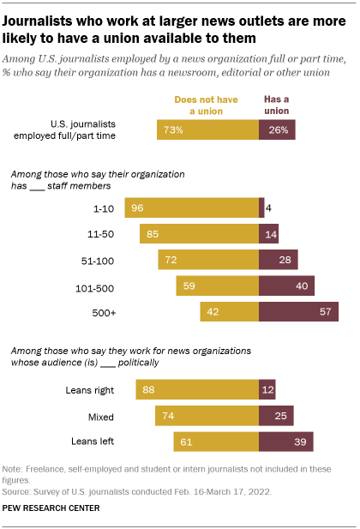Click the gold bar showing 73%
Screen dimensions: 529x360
[207, 129]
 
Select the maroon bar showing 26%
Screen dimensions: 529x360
[277, 129]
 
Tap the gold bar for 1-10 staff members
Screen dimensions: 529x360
[191, 207]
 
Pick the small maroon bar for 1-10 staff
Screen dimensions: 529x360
[261, 207]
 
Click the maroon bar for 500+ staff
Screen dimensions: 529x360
[298, 312]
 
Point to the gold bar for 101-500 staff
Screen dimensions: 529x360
[217, 286]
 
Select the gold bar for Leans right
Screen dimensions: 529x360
[197, 390]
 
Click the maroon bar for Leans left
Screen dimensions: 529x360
[285, 442]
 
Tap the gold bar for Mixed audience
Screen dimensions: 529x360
[207, 416]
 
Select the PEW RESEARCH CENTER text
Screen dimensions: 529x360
[51, 508]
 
